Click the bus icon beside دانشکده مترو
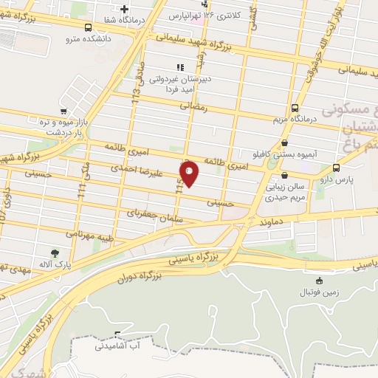[x=89, y=28]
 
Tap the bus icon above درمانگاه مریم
[x=295, y=107]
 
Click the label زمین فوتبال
[x=318, y=292]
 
